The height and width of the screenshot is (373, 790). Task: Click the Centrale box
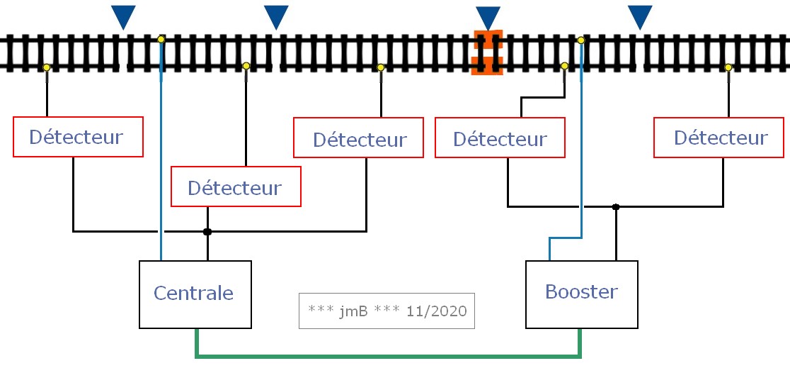pyautogui.click(x=195, y=294)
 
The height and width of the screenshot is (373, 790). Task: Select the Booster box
pyautogui.click(x=581, y=294)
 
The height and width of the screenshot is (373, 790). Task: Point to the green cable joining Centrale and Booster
pyautogui.click(x=388, y=357)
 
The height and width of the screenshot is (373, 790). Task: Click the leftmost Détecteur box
pyautogui.click(x=78, y=137)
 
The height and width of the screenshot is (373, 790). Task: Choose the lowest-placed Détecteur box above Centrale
pyautogui.click(x=236, y=186)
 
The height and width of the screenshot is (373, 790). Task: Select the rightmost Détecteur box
pyautogui.click(x=719, y=138)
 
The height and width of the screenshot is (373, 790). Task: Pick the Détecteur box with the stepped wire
pyautogui.click(x=500, y=138)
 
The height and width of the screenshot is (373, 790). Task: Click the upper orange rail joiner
pyautogui.click(x=488, y=39)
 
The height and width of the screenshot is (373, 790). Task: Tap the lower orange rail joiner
pyautogui.click(x=487, y=66)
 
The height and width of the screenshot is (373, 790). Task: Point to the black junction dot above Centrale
pyautogui.click(x=207, y=232)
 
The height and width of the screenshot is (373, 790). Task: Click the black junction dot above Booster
pyautogui.click(x=616, y=206)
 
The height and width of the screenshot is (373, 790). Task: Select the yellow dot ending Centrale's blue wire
pyautogui.click(x=161, y=39)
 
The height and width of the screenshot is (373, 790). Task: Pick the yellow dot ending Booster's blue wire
pyautogui.click(x=581, y=40)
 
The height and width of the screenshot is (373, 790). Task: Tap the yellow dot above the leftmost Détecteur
pyautogui.click(x=46, y=67)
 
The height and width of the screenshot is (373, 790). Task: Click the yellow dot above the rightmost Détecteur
pyautogui.click(x=728, y=67)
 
